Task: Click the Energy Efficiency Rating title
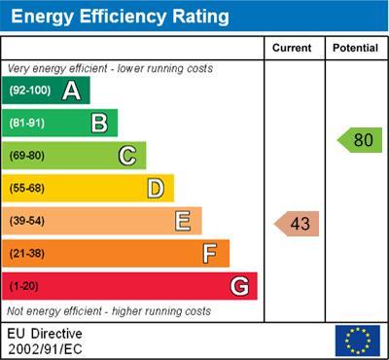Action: point(119,17)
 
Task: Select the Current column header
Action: point(292,48)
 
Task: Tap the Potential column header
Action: point(355,48)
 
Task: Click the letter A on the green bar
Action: point(71,90)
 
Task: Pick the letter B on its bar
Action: point(98,123)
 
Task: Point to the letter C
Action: point(126,156)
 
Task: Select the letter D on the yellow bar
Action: point(155,188)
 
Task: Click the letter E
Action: point(182,221)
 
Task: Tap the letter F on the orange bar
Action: point(209,253)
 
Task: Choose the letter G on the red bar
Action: point(238,286)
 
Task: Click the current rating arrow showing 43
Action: point(297,224)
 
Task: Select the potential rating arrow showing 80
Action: point(359,140)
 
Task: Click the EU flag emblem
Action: point(357,341)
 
